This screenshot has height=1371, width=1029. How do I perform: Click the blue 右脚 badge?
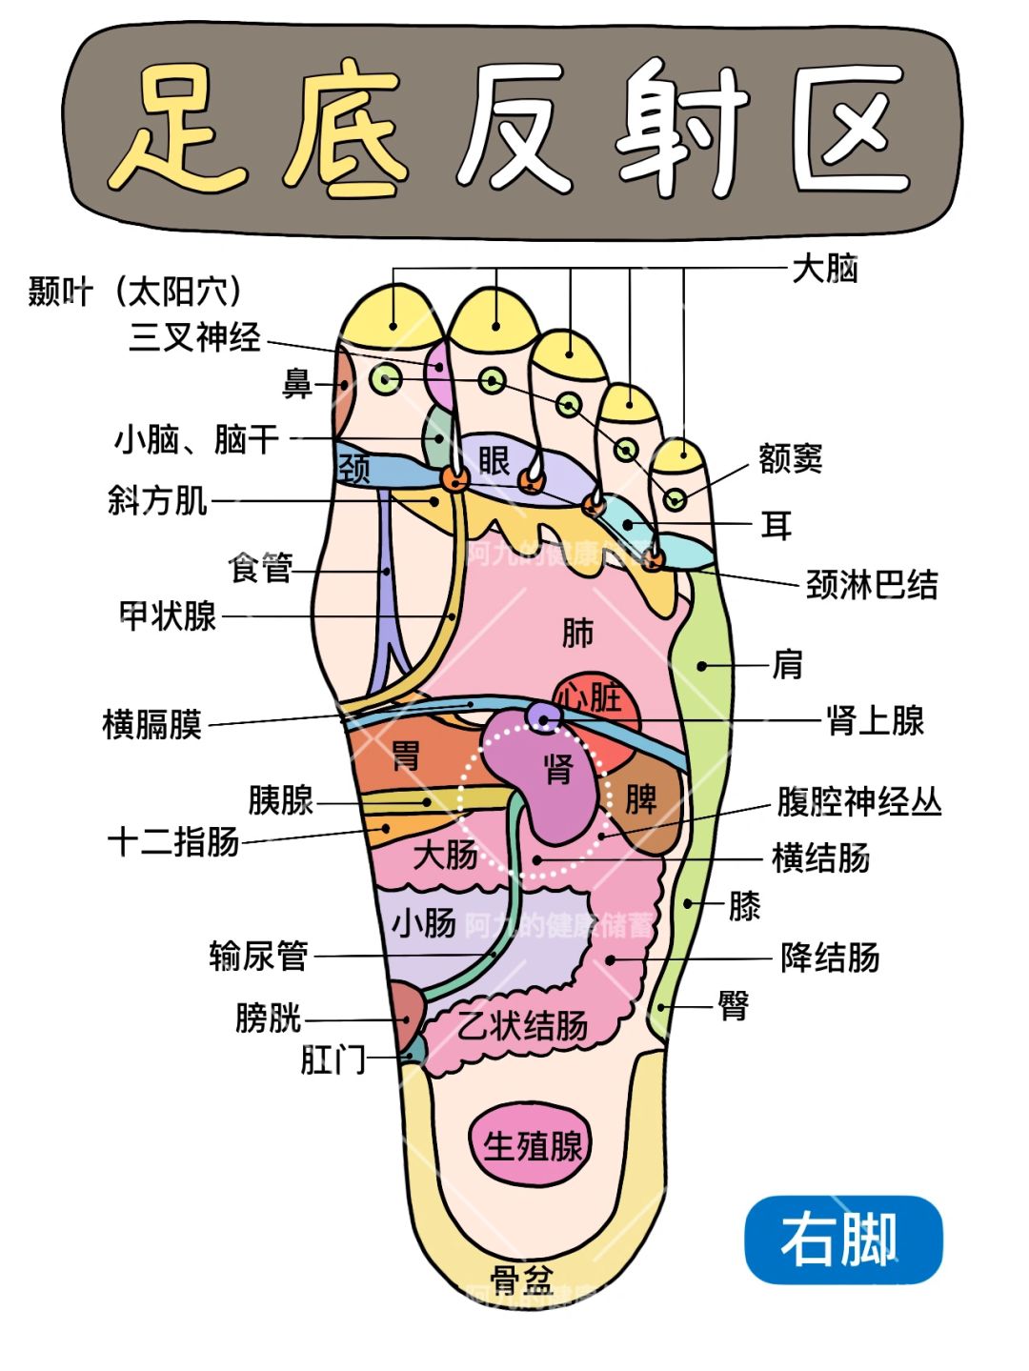click(842, 1240)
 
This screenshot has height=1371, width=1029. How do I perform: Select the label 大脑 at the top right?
click(825, 269)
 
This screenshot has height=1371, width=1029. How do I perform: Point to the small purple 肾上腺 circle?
click(544, 716)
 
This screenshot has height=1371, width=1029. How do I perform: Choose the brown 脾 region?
click(644, 801)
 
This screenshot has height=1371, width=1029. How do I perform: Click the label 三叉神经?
click(195, 337)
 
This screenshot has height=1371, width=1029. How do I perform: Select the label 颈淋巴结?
click(872, 584)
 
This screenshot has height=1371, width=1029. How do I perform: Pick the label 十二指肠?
click(173, 842)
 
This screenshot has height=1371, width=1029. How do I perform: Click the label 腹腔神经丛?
click(858, 801)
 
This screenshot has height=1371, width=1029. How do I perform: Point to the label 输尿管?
click(258, 955)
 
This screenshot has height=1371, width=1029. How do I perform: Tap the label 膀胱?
click(268, 1018)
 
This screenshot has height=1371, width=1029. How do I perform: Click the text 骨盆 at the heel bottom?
click(522, 1280)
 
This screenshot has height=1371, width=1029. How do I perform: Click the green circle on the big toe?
click(386, 380)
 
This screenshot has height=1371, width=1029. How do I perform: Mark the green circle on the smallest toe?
click(675, 498)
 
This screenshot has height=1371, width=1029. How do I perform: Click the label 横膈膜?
click(152, 724)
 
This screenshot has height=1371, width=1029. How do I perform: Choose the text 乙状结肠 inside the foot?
click(523, 1025)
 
